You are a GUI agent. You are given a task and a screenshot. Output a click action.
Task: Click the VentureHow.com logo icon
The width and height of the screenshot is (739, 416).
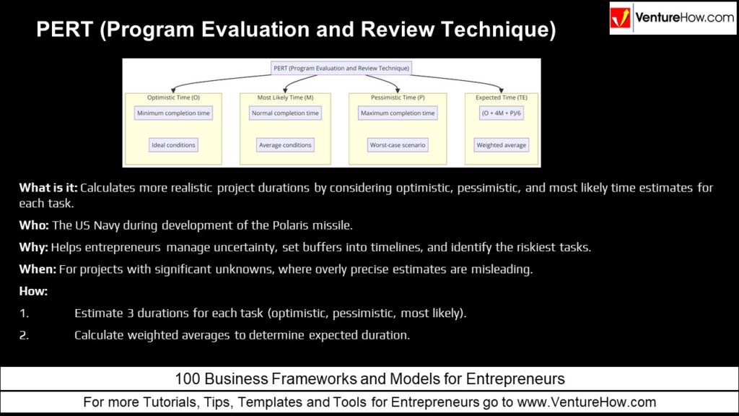click(x=620, y=17)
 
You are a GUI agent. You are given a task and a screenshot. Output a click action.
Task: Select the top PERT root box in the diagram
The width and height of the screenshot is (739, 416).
click(x=341, y=68)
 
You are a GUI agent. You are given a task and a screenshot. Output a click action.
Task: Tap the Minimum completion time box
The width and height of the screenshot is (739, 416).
click(x=173, y=113)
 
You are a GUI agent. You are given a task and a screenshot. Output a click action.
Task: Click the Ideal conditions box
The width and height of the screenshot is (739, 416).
click(x=173, y=144)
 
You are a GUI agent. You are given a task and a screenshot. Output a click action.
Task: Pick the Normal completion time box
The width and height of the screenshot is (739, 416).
click(x=285, y=113)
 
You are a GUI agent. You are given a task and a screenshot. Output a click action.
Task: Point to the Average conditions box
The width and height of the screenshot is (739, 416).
click(x=285, y=144)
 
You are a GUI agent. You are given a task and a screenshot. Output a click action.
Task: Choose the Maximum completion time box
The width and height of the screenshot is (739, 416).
click(x=398, y=113)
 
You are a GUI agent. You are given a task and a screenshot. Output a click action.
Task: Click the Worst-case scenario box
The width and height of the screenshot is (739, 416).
click(x=398, y=144)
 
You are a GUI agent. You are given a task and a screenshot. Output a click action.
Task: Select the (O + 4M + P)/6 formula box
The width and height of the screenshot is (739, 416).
click(x=502, y=113)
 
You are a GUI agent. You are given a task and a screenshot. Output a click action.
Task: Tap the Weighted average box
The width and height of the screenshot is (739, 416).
click(x=502, y=144)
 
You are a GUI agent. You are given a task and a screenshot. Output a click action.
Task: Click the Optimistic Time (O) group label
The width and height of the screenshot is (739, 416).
click(x=173, y=97)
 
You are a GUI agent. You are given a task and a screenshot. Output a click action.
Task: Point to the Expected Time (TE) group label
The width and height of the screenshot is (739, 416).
click(x=502, y=97)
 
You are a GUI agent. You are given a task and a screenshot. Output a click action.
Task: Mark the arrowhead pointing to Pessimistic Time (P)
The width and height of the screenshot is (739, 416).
click(x=398, y=90)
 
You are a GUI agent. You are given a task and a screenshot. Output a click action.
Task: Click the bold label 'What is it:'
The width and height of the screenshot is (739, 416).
click(x=48, y=188)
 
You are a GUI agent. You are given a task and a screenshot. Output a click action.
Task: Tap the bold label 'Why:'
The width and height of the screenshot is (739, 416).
click(x=33, y=247)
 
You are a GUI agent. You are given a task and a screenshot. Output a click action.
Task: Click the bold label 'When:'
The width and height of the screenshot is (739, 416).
click(x=38, y=269)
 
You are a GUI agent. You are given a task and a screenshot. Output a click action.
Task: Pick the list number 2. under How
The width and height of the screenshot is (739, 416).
click(x=24, y=335)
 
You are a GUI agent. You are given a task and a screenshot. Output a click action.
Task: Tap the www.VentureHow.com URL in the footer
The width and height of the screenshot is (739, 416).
click(x=587, y=402)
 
